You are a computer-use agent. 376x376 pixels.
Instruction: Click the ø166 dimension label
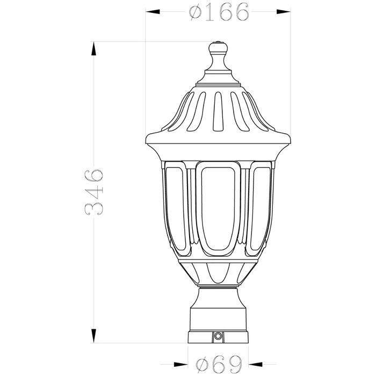pos(219,12)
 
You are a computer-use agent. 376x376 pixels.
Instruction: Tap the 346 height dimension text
pos(94,192)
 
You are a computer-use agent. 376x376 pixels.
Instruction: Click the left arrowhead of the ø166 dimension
pos(153,11)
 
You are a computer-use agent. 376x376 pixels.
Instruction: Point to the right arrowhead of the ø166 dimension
pos(284,11)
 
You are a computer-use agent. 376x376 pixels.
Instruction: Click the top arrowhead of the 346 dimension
pos(94,49)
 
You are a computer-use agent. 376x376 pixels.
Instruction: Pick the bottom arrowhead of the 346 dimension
pos(94,336)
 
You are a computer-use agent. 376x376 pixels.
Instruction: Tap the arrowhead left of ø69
pos(181,365)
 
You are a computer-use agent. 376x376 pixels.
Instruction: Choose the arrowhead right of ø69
pos(255,365)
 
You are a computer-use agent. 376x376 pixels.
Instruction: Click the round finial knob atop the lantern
pos(218,47)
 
